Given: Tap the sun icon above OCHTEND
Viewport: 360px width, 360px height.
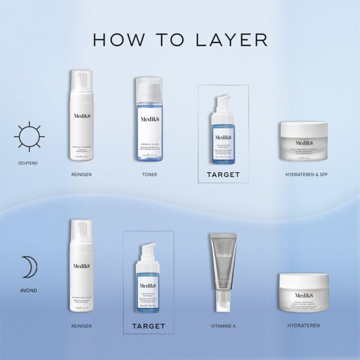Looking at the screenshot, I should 29,136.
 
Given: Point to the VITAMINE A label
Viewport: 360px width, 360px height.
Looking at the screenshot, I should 223,326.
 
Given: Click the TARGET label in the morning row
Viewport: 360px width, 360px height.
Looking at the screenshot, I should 223,175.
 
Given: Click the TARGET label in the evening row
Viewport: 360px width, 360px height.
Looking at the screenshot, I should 148,326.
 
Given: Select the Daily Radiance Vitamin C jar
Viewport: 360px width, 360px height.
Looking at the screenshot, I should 303,141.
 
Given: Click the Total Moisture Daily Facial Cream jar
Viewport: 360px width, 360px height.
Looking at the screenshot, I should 303,293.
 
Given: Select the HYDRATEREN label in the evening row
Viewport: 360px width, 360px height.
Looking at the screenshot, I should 303,325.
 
